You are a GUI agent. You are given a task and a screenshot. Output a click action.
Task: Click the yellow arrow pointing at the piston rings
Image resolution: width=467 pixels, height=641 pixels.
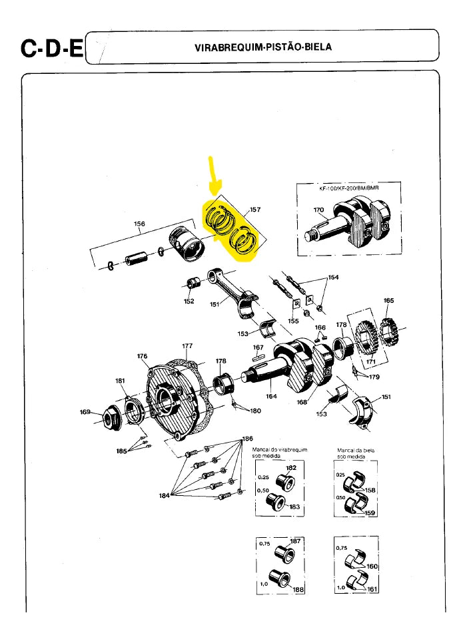point(212,178)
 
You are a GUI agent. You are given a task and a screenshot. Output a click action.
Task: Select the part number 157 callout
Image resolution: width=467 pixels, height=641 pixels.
point(254,210)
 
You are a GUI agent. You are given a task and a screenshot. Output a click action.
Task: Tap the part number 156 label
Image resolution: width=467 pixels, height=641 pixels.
point(139,224)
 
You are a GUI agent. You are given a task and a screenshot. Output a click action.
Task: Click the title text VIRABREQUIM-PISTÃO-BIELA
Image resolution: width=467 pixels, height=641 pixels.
point(262,47)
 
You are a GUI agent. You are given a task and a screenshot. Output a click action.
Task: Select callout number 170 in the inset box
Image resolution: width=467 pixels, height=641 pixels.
point(318,211)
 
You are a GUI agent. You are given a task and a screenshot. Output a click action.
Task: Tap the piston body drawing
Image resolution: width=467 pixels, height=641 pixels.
point(186,243)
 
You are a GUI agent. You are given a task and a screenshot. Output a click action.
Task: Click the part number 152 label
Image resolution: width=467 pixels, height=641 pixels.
point(189,301)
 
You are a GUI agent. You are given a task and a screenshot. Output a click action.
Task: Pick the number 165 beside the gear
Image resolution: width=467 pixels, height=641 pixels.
point(388,301)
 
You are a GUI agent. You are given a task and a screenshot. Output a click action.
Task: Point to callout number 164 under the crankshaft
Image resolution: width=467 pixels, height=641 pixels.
point(271,396)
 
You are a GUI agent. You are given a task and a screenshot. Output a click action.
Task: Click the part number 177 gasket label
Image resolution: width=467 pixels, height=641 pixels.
point(187,346)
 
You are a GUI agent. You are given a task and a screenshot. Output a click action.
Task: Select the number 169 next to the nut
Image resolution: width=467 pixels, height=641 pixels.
point(85,412)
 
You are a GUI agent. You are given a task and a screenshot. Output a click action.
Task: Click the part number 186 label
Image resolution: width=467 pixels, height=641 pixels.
point(247,439)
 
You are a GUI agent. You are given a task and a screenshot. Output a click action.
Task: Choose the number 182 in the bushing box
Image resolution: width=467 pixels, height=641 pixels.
point(291,468)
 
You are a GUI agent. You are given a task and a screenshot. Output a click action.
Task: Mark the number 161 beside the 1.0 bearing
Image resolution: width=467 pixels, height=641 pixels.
point(372,589)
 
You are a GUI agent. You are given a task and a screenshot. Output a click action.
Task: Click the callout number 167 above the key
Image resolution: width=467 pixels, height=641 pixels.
point(258,347)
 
